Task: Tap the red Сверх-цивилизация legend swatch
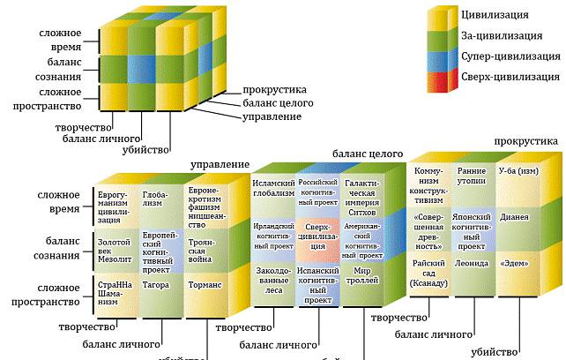[441, 79]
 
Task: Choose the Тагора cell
[157, 286]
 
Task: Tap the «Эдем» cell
[515, 263]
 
